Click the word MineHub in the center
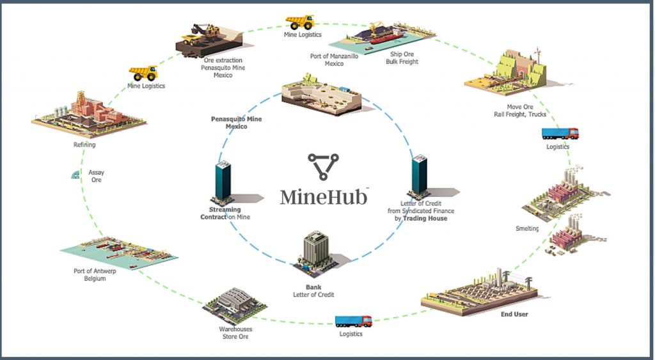pos(324,196)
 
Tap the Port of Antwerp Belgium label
pos(90,274)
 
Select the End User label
pos(514,314)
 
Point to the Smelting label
pos(527,228)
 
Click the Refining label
pos(84,145)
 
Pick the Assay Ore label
pos(96,176)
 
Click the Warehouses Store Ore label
pos(235,333)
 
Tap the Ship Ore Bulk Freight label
pos(402,58)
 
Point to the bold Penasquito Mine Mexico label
pos(237,123)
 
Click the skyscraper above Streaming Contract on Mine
pos(223,182)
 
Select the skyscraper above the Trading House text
pos(419,175)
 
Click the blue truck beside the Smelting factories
pos(560,134)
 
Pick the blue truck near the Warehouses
pos(353,320)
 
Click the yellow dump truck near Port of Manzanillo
pos(299,22)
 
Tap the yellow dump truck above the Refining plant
pos(143,73)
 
